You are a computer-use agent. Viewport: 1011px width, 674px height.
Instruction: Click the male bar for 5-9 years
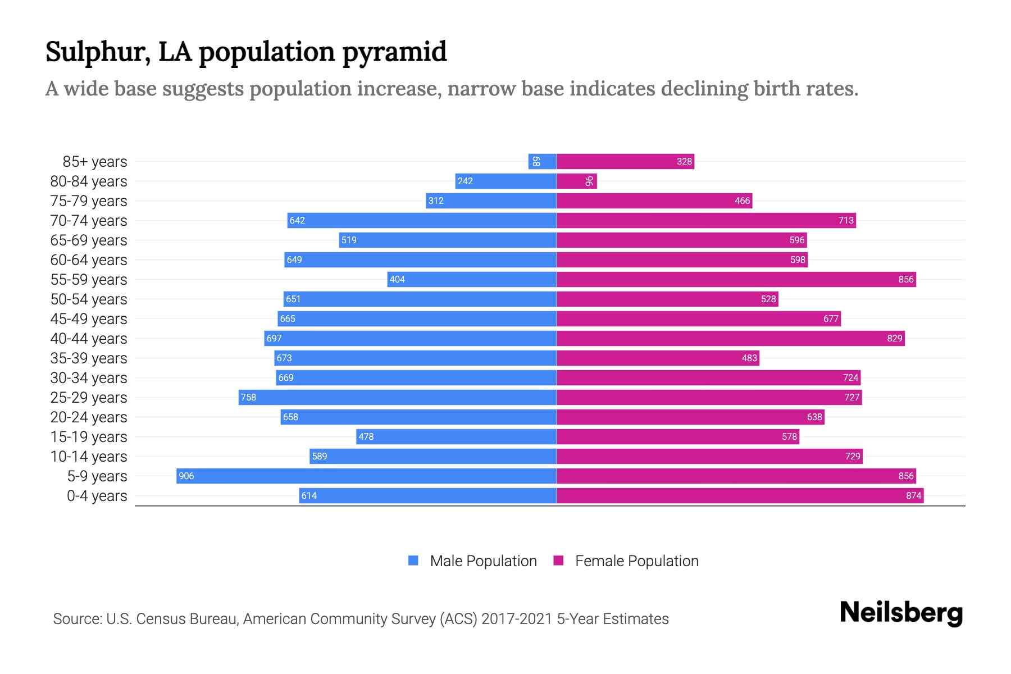pos(366,476)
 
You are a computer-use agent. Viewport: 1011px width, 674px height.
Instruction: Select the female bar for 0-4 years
pos(740,495)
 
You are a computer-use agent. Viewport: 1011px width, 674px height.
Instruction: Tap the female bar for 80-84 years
pos(576,181)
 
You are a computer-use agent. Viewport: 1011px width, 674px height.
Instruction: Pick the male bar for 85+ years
pos(543,161)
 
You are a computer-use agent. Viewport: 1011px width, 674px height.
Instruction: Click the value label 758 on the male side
pos(248,397)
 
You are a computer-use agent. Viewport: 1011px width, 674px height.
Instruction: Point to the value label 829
pos(894,338)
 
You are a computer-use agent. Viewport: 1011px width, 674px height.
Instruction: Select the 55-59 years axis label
pos(89,279)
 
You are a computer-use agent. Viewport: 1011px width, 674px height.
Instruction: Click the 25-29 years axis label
pos(89,397)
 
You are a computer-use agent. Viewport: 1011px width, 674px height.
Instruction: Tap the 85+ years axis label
pos(95,161)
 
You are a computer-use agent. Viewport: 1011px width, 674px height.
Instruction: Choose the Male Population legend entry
pos(483,561)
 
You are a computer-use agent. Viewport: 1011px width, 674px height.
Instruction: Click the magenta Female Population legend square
pos(558,561)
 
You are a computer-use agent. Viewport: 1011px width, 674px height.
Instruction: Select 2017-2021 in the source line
pos(517,618)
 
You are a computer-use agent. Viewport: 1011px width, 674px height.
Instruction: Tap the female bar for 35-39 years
pos(658,358)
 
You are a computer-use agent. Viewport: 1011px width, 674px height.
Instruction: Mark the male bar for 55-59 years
pos(472,279)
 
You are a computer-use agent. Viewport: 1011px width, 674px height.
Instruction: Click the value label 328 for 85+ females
pos(684,161)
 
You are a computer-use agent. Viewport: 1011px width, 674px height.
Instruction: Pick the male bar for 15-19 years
pos(456,436)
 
